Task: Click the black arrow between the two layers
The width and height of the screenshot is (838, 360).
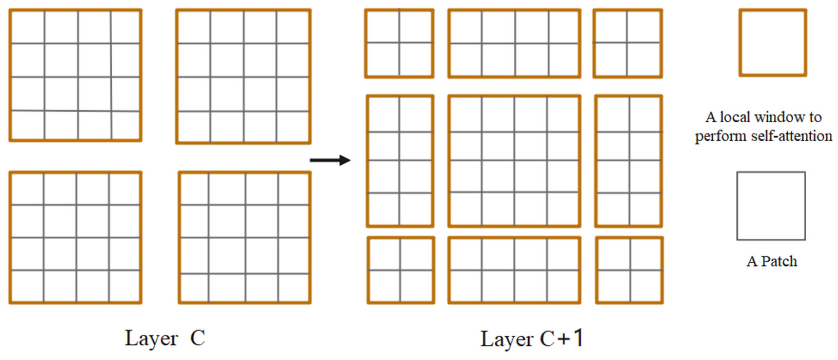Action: pyautogui.click(x=330, y=160)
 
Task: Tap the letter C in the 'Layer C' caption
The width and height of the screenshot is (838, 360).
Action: pyautogui.click(x=197, y=338)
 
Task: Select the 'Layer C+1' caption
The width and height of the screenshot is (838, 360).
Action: pyautogui.click(x=532, y=339)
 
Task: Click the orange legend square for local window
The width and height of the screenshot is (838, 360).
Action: pyautogui.click(x=773, y=43)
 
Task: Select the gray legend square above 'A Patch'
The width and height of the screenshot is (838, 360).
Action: pyautogui.click(x=771, y=206)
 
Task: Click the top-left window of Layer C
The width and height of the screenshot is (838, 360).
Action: pyautogui.click(x=75, y=75)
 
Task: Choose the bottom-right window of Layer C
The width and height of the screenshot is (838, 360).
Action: pyautogui.click(x=244, y=238)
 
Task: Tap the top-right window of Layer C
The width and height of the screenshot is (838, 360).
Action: pyautogui.click(x=243, y=76)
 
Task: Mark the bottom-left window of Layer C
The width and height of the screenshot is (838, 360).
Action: pyautogui.click(x=75, y=238)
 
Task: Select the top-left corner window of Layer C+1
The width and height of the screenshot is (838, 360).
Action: pyautogui.click(x=399, y=43)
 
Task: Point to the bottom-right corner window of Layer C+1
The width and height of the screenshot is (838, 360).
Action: pyautogui.click(x=629, y=270)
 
